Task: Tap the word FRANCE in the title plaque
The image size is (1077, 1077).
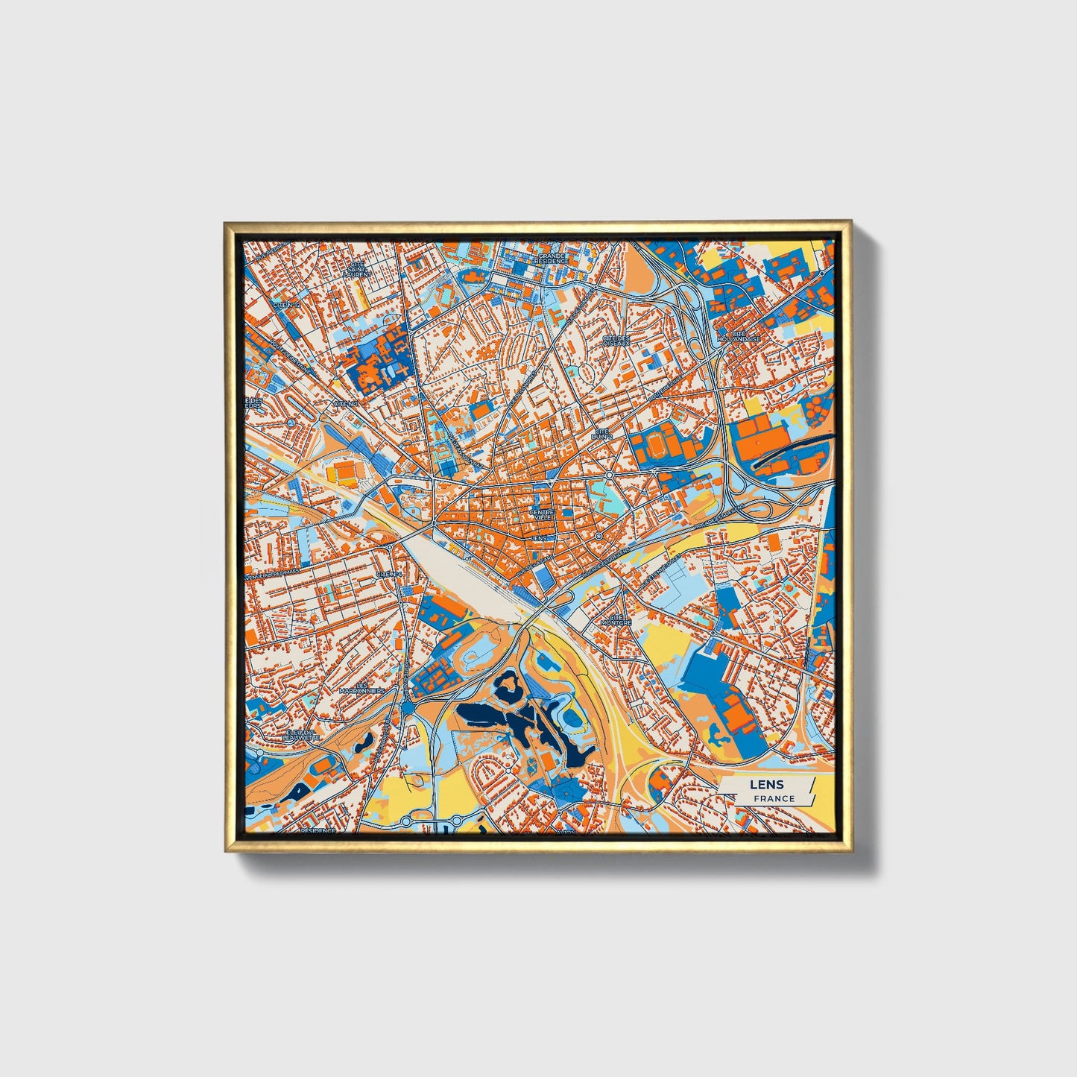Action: coord(774,799)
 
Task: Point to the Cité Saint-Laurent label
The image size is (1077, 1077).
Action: coord(356,269)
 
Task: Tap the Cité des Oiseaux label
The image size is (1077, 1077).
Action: coord(616,340)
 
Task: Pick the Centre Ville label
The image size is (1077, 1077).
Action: coord(541,515)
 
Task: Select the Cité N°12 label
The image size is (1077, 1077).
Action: coord(287,305)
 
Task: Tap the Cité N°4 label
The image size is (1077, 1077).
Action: coord(388,574)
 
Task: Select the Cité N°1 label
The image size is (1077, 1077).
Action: coord(345,404)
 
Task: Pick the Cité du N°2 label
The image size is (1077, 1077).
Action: coord(601,434)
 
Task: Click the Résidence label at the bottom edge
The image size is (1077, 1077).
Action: coord(318,830)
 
